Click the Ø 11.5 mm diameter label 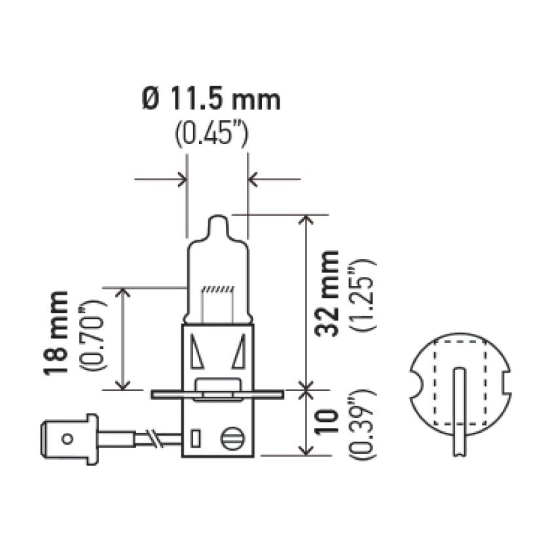pyautogui.click(x=211, y=100)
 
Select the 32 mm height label pyautogui.click(x=327, y=293)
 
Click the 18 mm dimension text pyautogui.click(x=56, y=333)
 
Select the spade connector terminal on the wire pyautogui.click(x=69, y=438)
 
